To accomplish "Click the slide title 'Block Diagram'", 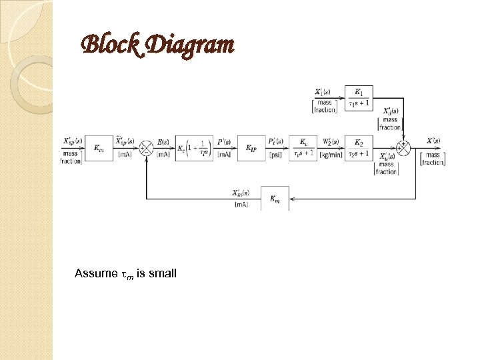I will tap(157, 45).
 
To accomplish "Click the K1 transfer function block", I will tap(359, 97).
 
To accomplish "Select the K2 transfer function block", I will tap(359, 148).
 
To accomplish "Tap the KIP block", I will tap(251, 148).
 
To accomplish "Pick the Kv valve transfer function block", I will tap(304, 148).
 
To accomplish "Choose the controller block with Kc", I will tap(195, 148).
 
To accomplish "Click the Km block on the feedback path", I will tap(275, 198).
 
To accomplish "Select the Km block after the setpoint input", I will tap(99, 148).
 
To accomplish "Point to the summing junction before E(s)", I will tap(146, 148).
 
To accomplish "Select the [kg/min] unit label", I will tap(331, 155).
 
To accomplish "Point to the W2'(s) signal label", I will tap(331, 141).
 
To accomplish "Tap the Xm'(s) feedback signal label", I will tap(241, 193).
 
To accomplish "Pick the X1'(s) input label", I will tap(325, 91).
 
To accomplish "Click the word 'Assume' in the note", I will tap(95, 273).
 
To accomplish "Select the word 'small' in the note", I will tap(163, 273).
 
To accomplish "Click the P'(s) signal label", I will tap(225, 141).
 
